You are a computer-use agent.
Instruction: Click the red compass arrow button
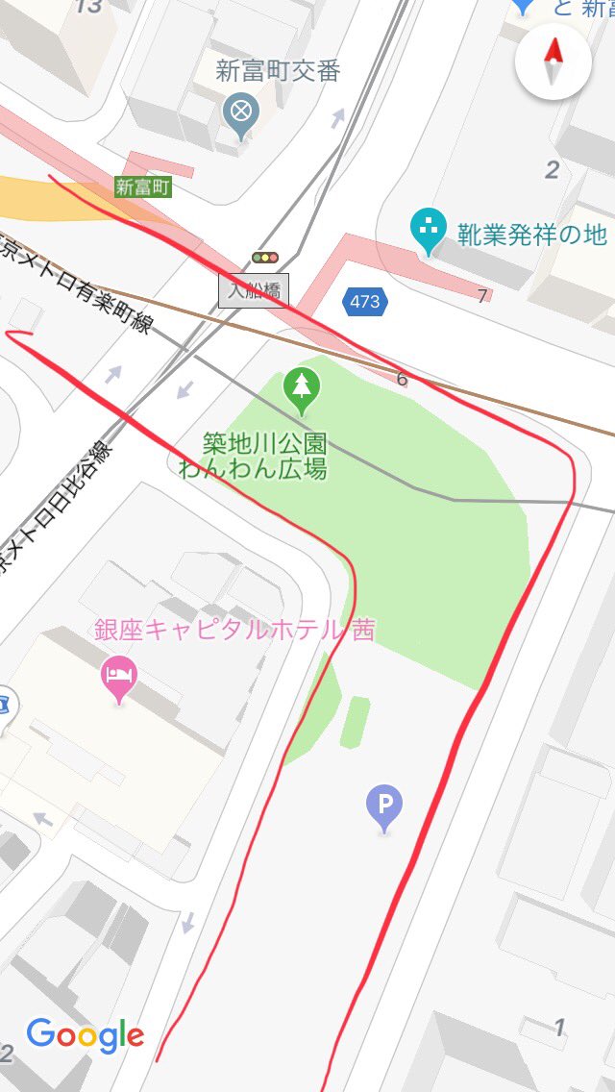click(x=553, y=61)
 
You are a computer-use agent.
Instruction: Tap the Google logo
click(x=85, y=1034)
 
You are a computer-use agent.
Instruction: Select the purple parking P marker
click(x=384, y=807)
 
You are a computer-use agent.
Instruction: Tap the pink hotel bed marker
click(x=119, y=676)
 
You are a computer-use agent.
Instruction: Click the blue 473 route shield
click(x=364, y=302)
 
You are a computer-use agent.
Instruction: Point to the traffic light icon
click(x=264, y=258)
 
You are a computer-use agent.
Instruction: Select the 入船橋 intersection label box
click(x=254, y=289)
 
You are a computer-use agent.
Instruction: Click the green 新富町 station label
click(x=142, y=186)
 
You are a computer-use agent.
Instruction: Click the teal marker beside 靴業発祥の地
click(x=427, y=228)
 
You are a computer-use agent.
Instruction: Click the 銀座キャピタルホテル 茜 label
click(x=234, y=631)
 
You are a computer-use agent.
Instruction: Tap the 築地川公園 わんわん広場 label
click(x=264, y=456)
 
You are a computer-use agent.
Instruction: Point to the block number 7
click(x=482, y=296)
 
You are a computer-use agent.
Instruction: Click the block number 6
click(x=402, y=380)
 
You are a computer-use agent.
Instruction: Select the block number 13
click(x=88, y=7)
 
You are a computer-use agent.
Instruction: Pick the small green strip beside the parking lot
click(x=355, y=722)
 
